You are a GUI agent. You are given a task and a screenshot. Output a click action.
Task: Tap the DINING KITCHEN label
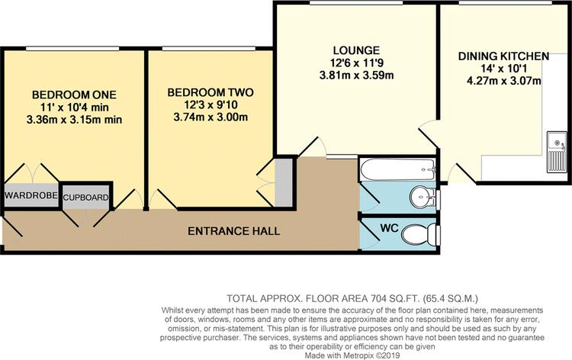click(x=503, y=56)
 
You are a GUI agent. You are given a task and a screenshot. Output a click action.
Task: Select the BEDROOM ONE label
click(x=74, y=95)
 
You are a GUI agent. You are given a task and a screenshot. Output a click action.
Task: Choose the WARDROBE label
click(x=31, y=196)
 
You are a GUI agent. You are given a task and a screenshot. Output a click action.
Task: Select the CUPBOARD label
click(x=86, y=198)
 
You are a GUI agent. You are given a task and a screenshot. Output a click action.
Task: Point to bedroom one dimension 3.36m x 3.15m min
click(x=74, y=120)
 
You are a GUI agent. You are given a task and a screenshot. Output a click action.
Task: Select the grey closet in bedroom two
click(x=283, y=182)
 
